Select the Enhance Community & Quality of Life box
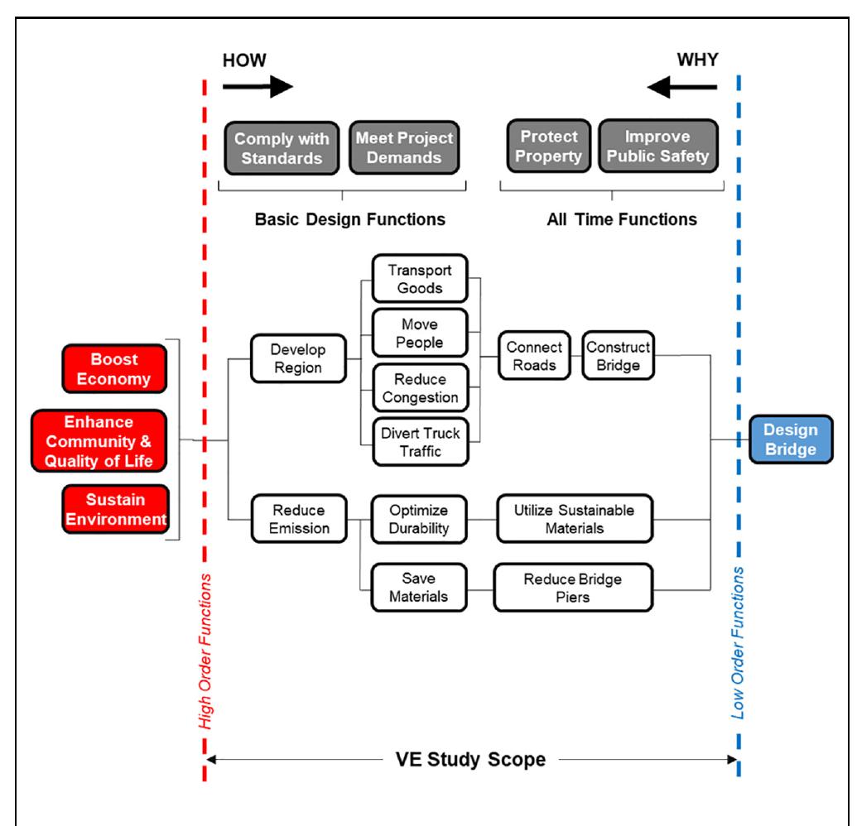click(99, 439)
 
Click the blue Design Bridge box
click(791, 439)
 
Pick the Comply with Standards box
click(282, 147)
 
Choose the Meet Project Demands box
click(405, 147)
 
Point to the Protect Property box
click(549, 147)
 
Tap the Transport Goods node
click(419, 278)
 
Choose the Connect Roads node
click(535, 356)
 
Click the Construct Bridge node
click(618, 356)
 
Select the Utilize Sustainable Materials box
click(575, 518)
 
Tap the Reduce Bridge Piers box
click(573, 588)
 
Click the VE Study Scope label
click(470, 758)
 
